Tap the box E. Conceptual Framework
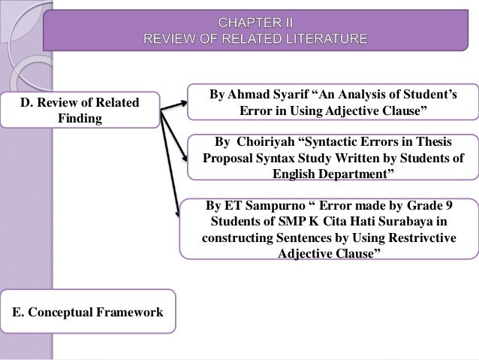(88, 310)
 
